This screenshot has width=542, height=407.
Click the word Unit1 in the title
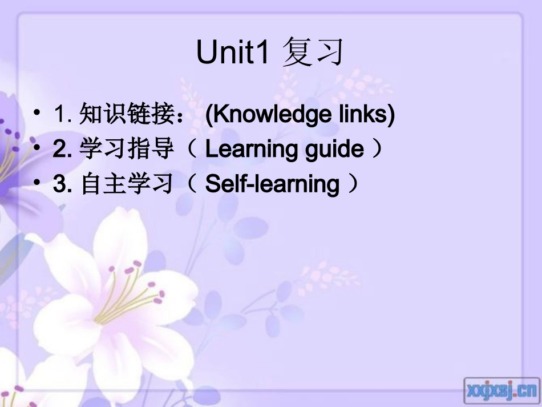232,53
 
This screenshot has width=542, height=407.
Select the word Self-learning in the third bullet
272,184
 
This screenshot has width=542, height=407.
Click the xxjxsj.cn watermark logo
500,390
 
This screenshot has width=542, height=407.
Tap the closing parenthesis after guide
376,150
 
